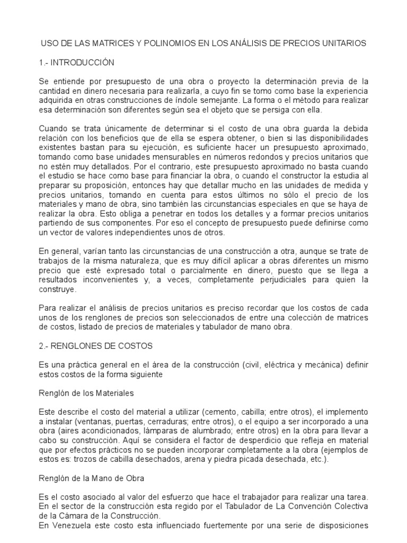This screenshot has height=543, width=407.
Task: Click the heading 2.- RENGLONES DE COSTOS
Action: click(96, 346)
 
